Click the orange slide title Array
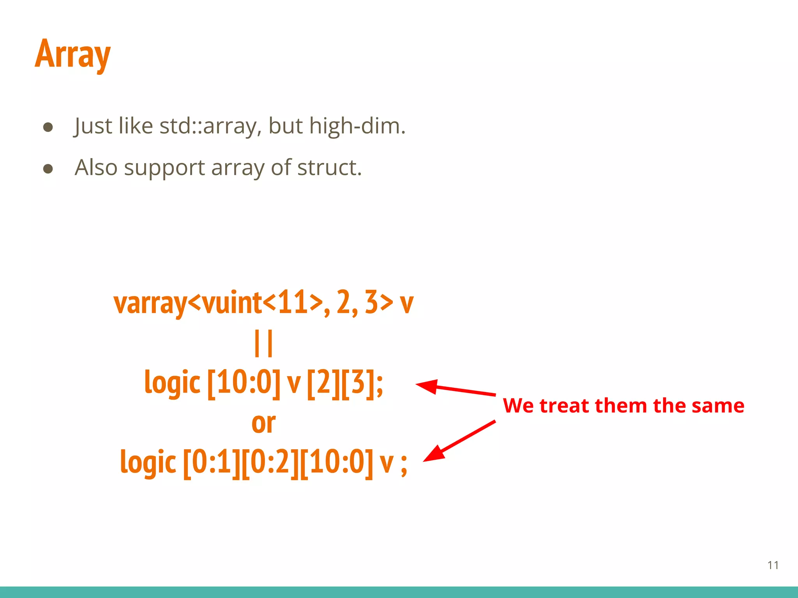pos(73,55)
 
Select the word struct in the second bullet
pos(329,168)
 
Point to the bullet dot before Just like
pos(48,127)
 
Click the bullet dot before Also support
pos(48,169)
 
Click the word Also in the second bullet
pos(96,168)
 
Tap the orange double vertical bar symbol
pos(263,343)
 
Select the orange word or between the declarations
pos(263,423)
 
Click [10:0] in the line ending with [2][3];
pos(244,383)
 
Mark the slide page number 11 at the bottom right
pos(773,565)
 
